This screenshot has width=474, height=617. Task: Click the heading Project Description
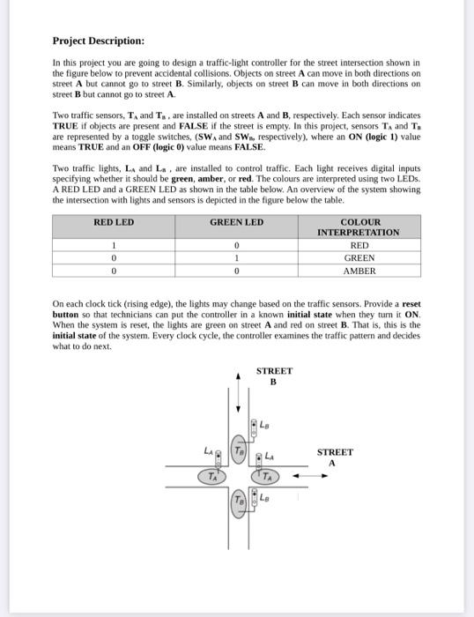(x=98, y=41)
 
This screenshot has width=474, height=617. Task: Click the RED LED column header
(x=114, y=222)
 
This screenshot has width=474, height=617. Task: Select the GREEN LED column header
(x=236, y=222)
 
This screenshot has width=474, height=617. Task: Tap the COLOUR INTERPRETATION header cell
(x=359, y=227)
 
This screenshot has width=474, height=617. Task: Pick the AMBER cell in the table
(x=359, y=271)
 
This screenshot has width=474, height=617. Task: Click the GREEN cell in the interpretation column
(x=359, y=258)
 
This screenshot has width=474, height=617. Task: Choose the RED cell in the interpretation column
(x=359, y=246)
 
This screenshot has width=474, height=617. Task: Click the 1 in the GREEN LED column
(x=236, y=258)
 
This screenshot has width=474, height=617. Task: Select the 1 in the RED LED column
(x=114, y=246)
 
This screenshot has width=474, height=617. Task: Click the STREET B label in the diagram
(x=273, y=377)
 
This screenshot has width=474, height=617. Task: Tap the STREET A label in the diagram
(x=333, y=457)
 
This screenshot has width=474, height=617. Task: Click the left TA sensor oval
(x=212, y=477)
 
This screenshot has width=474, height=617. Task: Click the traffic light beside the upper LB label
(x=254, y=426)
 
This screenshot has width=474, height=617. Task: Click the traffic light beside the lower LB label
(x=255, y=500)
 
